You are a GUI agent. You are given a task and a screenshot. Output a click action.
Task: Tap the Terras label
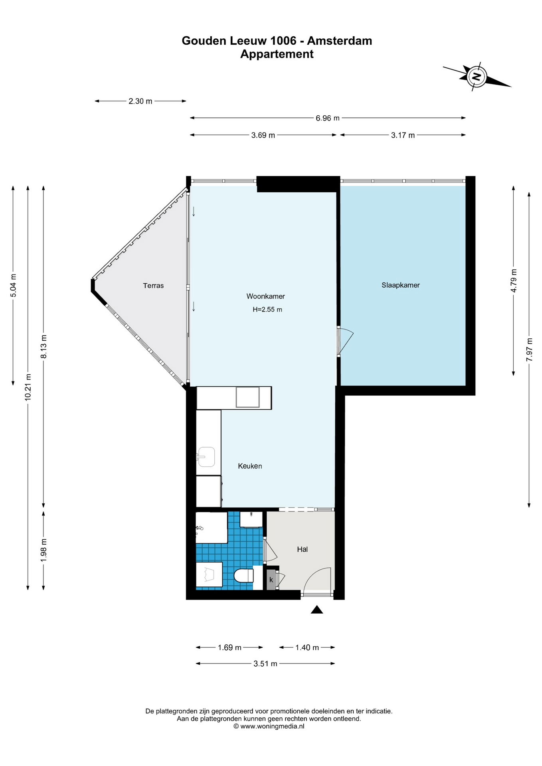pyautogui.click(x=153, y=286)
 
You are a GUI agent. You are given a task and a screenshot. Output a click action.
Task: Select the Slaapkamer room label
pyautogui.click(x=400, y=285)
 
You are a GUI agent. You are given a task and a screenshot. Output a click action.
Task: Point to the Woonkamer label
pyautogui.click(x=265, y=296)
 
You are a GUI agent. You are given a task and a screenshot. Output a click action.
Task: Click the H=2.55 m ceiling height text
pyautogui.click(x=267, y=310)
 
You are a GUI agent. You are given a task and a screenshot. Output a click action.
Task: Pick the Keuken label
pyautogui.click(x=250, y=466)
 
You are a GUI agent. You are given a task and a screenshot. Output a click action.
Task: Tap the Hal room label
pyautogui.click(x=302, y=549)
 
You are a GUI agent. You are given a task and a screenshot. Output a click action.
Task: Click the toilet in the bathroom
pyautogui.click(x=243, y=576)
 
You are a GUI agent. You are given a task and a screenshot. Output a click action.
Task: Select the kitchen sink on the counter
pyautogui.click(x=206, y=457)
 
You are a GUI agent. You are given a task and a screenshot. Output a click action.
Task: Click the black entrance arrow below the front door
pyautogui.click(x=317, y=609)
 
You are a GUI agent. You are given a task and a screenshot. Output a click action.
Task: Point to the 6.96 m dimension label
pyautogui.click(x=328, y=118)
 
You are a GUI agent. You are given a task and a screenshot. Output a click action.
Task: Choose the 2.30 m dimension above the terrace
pyautogui.click(x=140, y=101)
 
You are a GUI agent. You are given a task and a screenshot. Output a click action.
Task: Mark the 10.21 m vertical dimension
pyautogui.click(x=28, y=387)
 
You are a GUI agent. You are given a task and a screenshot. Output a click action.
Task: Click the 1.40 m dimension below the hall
pyautogui.click(x=307, y=648)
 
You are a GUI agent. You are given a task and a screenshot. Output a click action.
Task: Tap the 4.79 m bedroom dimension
pyautogui.click(x=514, y=281)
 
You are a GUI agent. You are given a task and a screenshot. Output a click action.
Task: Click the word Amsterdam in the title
pyautogui.click(x=340, y=41)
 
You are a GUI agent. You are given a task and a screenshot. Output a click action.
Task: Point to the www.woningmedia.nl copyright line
pyautogui.click(x=269, y=727)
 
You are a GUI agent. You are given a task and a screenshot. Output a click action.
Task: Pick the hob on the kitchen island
pyautogui.click(x=247, y=397)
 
